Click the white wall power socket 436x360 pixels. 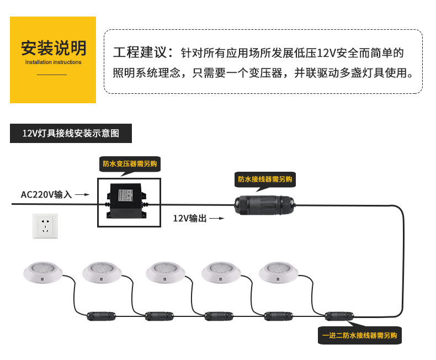click(x=45, y=226)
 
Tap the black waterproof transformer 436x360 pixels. click(x=127, y=201)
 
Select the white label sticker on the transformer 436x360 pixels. click(x=125, y=195)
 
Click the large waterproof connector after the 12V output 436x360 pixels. click(x=264, y=205)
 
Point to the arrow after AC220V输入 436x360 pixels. click(x=82, y=194)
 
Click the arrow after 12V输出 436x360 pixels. click(x=217, y=219)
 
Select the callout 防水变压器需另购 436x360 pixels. click(x=130, y=164)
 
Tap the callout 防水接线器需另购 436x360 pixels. click(x=265, y=179)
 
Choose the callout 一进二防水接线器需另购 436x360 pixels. click(x=360, y=336)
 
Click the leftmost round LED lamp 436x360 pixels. click(x=43, y=272)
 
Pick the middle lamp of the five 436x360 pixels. click(x=165, y=272)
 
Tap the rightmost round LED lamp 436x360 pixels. click(x=278, y=272)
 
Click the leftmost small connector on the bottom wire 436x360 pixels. click(x=101, y=316)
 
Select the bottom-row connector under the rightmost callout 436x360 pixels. click(x=339, y=316)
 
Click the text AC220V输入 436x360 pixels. click(x=46, y=194)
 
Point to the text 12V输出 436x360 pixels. click(x=190, y=219)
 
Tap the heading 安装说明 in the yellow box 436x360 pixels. click(x=54, y=48)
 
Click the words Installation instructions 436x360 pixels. click(x=53, y=62)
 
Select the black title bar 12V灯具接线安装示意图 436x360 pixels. click(x=71, y=133)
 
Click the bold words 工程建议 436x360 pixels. click(x=140, y=52)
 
